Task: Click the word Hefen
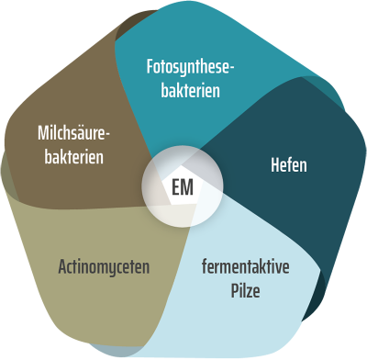[288, 166]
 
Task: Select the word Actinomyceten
[103, 268]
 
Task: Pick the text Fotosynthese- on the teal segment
[191, 67]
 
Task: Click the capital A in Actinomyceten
[61, 268]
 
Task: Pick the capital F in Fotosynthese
[150, 67]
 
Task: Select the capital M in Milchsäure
[43, 134]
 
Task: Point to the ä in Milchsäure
[87, 134]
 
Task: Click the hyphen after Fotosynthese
[233, 69]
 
